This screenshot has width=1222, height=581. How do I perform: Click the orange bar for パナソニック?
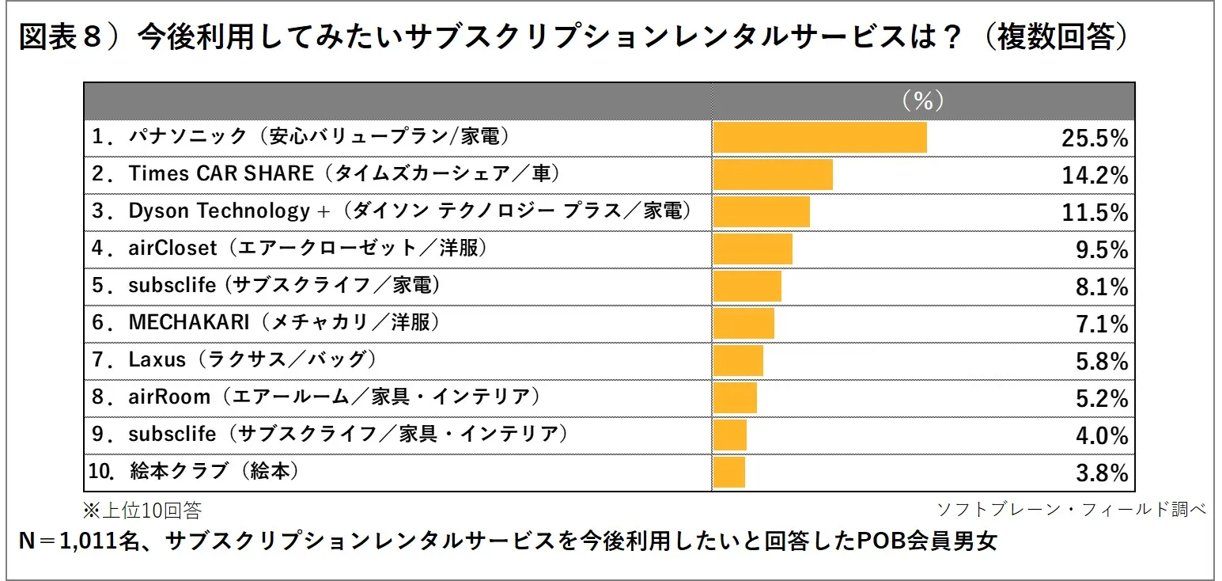[819, 138]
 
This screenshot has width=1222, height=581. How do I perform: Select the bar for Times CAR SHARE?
[773, 174]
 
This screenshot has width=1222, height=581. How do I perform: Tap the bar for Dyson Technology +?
[761, 211]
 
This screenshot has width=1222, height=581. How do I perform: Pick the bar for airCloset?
[752, 249]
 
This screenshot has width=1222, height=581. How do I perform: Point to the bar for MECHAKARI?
[743, 324]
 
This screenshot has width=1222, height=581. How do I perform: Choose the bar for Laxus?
[738, 361]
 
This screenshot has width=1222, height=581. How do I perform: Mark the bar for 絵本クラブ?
[728, 473]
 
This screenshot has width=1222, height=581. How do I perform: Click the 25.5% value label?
[1094, 139]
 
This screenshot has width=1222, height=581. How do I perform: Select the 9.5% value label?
[1100, 250]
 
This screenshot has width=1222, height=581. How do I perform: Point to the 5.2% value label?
[1100, 399]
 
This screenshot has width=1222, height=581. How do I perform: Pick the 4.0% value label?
[1100, 436]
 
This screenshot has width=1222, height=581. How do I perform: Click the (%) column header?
[923, 101]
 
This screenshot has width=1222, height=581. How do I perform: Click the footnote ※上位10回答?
[142, 509]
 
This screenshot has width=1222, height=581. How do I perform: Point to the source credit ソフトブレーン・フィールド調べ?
[1071, 508]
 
